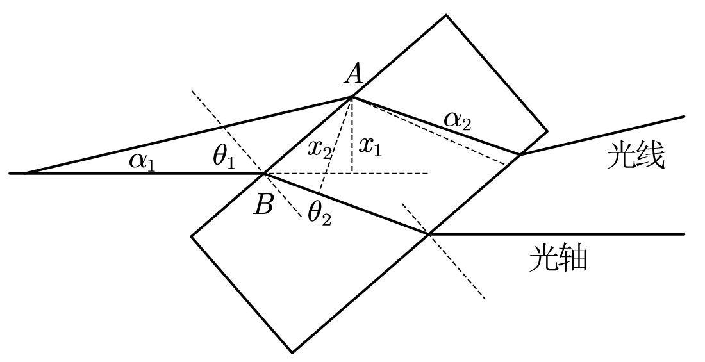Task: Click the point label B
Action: pyautogui.click(x=263, y=205)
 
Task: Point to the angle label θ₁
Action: pyautogui.click(x=224, y=158)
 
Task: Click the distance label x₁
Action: pyautogui.click(x=370, y=147)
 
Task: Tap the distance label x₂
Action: pyautogui.click(x=319, y=148)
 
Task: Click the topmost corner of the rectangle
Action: pyautogui.click(x=445, y=15)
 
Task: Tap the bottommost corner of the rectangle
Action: pyautogui.click(x=292, y=352)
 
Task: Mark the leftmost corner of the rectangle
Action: pyautogui.click(x=191, y=236)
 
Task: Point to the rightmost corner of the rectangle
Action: pyautogui.click(x=547, y=131)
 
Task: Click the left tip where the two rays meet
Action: pyautogui.click(x=24, y=173)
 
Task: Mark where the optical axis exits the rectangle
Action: pyautogui.click(x=429, y=234)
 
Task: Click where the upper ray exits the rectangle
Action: pyautogui.click(x=519, y=154)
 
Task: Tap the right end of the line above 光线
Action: pyautogui.click(x=685, y=117)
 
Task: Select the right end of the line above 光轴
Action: pyautogui.click(x=685, y=234)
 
